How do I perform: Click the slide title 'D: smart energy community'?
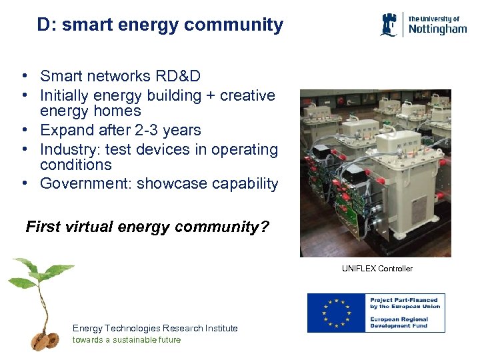tap(160, 25)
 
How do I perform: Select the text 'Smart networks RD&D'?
tap(120, 77)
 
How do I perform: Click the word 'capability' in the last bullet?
tap(244, 184)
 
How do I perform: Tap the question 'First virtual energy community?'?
tap(147, 227)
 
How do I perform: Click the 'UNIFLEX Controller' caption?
tap(377, 269)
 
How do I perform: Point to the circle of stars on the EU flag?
tap(337, 313)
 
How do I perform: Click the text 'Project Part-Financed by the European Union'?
tap(405, 303)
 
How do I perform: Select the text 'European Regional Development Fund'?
tap(400, 323)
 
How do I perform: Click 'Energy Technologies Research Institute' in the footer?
tap(155, 328)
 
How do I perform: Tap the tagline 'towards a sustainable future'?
tap(127, 340)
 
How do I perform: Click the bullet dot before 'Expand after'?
tap(23, 130)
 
